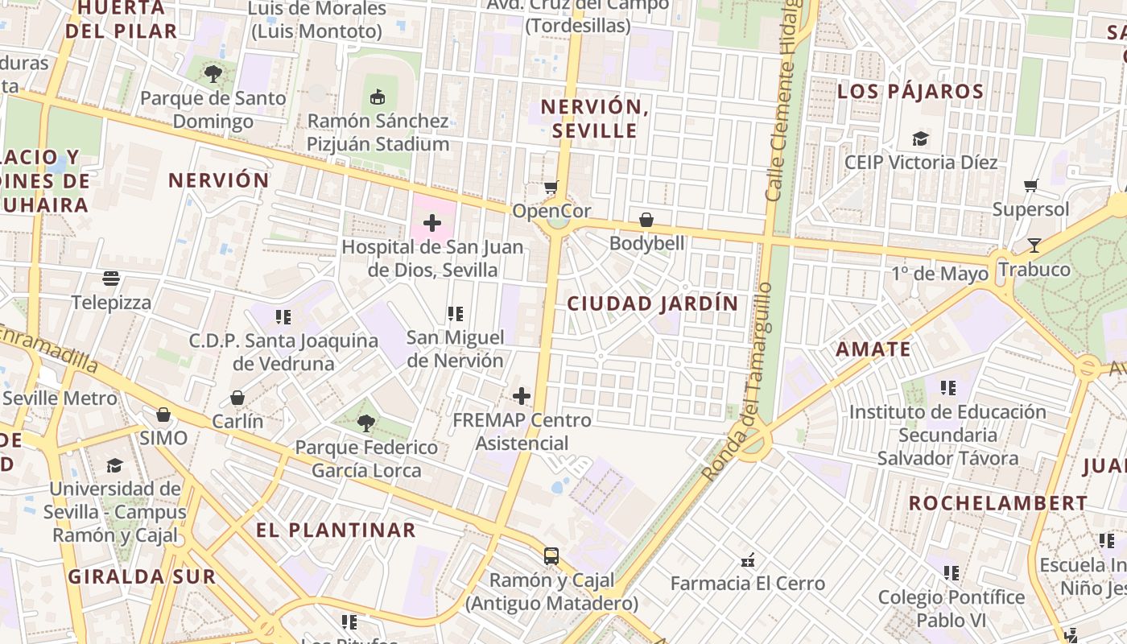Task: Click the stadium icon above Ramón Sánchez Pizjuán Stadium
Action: pos(376,97)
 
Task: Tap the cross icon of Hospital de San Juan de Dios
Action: pos(432,223)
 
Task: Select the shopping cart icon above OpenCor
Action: pos(551,188)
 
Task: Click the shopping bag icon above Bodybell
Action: pos(646,219)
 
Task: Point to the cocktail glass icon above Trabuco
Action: pos(1034,246)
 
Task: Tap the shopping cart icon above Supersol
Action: pos(1030,186)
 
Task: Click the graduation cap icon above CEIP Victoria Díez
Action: pos(920,138)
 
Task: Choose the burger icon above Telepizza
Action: pos(111,279)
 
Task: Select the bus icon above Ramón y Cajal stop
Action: pos(551,555)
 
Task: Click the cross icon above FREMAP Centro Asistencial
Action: pos(522,396)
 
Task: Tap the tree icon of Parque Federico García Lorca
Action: pos(365,423)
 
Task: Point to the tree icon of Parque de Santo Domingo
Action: pos(213,74)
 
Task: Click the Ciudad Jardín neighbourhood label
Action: pos(652,303)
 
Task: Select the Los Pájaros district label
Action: pos(910,91)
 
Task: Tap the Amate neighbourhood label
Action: pos(873,349)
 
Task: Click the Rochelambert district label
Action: pos(998,503)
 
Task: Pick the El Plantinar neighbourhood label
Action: pos(336,530)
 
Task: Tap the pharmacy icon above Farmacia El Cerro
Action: pos(748,560)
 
